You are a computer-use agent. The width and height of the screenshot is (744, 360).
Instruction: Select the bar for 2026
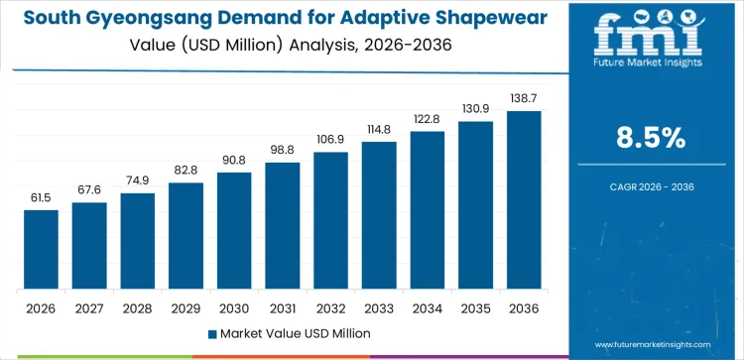point(42,250)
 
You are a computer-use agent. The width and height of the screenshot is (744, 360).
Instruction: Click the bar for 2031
point(283,226)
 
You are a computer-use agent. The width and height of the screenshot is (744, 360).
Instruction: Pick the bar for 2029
point(186,236)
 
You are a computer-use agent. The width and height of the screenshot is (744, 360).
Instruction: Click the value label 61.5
point(42,198)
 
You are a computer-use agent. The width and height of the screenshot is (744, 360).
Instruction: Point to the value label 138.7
point(524,99)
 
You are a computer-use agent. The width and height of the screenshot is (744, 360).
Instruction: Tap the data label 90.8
point(234,161)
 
